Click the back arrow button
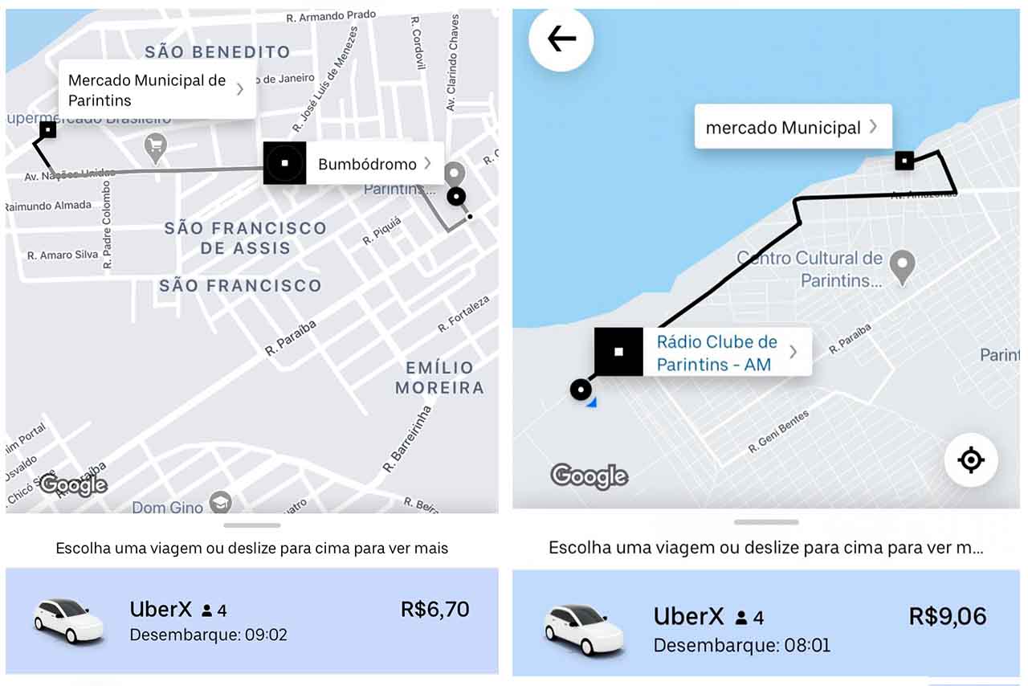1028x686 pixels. [561, 39]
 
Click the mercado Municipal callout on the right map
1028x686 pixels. [792, 127]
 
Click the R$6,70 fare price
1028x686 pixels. [434, 610]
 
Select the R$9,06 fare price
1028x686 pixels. [948, 616]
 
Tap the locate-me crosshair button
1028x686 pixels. [970, 460]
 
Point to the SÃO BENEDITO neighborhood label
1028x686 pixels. [218, 52]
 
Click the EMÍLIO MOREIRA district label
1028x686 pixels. [439, 378]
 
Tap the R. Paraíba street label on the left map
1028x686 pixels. [291, 337]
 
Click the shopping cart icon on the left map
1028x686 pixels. [155, 147]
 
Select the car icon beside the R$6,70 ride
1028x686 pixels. [68, 620]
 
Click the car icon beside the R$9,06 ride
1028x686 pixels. [584, 629]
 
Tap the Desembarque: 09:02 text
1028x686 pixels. [208, 635]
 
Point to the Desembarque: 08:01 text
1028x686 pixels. [741, 645]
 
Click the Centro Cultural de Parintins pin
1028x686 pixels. [903, 267]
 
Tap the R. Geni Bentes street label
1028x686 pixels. [779, 431]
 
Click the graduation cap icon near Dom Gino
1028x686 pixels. [219, 503]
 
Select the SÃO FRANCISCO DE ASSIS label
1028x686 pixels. [245, 238]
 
